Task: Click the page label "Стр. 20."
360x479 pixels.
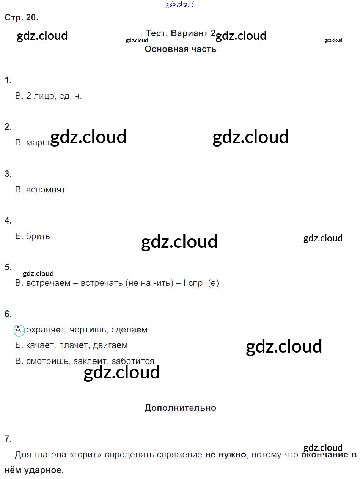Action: point(21,17)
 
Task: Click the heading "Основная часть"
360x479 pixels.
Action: point(180,49)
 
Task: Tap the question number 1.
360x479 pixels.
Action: point(8,80)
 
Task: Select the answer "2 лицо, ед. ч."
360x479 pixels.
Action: point(53,96)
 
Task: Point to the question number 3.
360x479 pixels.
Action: point(8,174)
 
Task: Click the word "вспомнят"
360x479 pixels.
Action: point(46,189)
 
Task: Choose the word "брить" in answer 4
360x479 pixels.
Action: point(38,236)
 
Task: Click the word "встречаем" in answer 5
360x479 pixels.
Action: point(48,283)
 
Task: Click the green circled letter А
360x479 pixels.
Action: point(19,330)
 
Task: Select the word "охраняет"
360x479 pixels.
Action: point(46,330)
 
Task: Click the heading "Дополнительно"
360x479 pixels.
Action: point(180,408)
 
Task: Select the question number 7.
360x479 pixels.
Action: point(8,439)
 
